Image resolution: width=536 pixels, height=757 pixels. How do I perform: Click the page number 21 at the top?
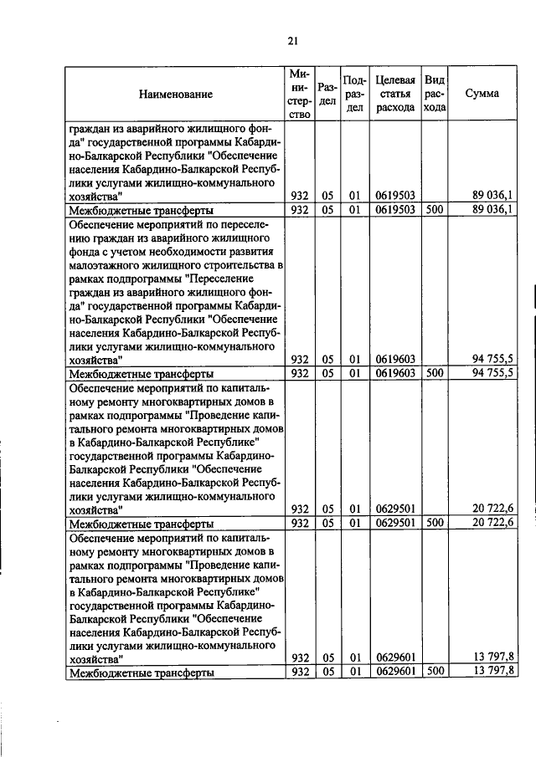tap(292, 40)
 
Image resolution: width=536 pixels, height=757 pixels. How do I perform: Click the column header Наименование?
tap(176, 95)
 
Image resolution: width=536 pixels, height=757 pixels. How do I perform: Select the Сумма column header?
tap(482, 94)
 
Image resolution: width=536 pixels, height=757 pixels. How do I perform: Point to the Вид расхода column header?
tap(434, 94)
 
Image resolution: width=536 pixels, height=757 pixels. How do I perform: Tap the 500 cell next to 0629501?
tap(434, 523)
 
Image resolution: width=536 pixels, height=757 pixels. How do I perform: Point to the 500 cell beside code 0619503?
tap(434, 209)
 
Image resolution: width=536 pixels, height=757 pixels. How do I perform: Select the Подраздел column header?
tap(354, 94)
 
